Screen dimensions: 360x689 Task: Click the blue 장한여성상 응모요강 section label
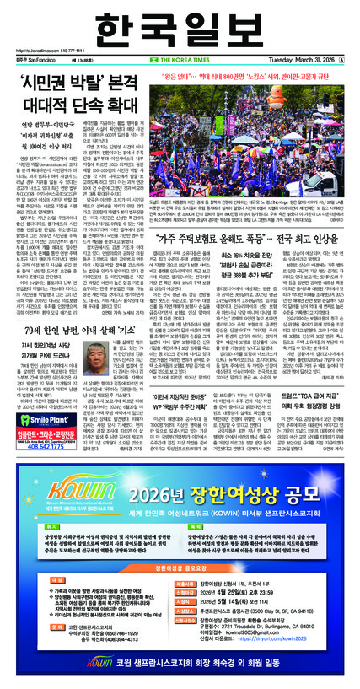pos(180,570)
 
